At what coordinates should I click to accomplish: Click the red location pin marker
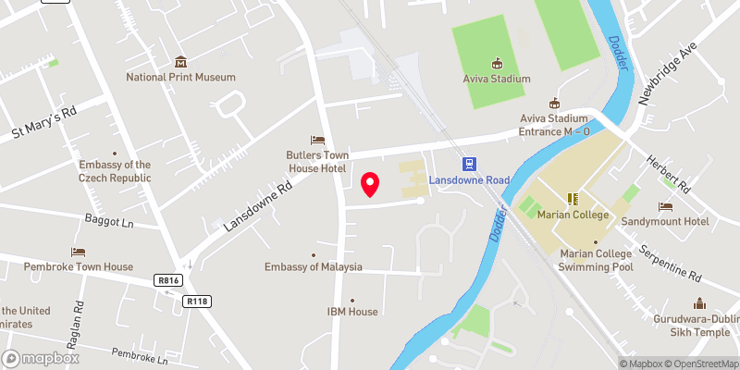click(371, 184)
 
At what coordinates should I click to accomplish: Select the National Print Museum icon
click(181, 62)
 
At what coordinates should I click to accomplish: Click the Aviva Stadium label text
click(497, 79)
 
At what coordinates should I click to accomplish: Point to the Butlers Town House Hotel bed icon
click(317, 140)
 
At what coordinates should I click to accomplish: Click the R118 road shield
click(196, 301)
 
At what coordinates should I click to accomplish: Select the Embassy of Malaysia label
click(314, 267)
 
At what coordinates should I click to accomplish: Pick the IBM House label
click(351, 312)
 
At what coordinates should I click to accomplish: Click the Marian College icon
click(573, 199)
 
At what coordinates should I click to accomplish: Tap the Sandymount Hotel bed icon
click(665, 206)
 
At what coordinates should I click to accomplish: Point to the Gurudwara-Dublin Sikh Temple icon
click(700, 302)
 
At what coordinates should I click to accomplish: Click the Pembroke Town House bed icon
click(79, 252)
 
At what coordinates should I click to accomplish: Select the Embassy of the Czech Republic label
click(115, 171)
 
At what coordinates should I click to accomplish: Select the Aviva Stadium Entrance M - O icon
click(554, 103)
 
